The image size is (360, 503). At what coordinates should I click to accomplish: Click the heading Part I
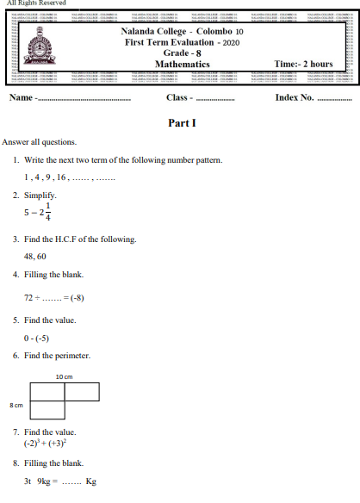183,123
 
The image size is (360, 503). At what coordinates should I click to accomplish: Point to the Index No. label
295,97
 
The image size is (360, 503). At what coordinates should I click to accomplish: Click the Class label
177,97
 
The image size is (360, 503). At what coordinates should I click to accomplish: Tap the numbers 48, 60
35,257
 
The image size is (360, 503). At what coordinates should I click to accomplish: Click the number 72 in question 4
29,297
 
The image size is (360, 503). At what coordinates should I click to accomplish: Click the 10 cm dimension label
63,376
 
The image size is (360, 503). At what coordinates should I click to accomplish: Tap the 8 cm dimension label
16,404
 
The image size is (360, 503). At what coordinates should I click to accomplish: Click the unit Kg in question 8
90,481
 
